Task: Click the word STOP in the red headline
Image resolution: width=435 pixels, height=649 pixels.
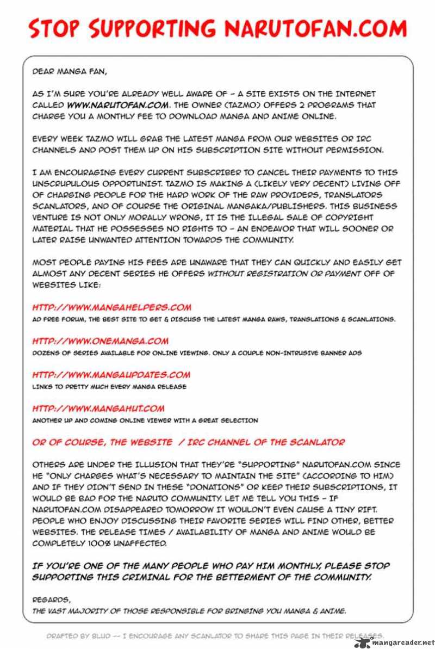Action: (53, 28)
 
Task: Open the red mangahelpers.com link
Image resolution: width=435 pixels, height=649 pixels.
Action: (111, 307)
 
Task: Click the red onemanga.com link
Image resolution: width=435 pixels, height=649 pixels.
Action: (100, 341)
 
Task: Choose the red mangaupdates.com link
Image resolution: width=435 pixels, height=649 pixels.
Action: (111, 375)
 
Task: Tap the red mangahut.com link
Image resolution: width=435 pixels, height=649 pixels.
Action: (98, 409)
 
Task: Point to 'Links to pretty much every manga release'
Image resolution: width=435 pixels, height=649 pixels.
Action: (109, 387)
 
